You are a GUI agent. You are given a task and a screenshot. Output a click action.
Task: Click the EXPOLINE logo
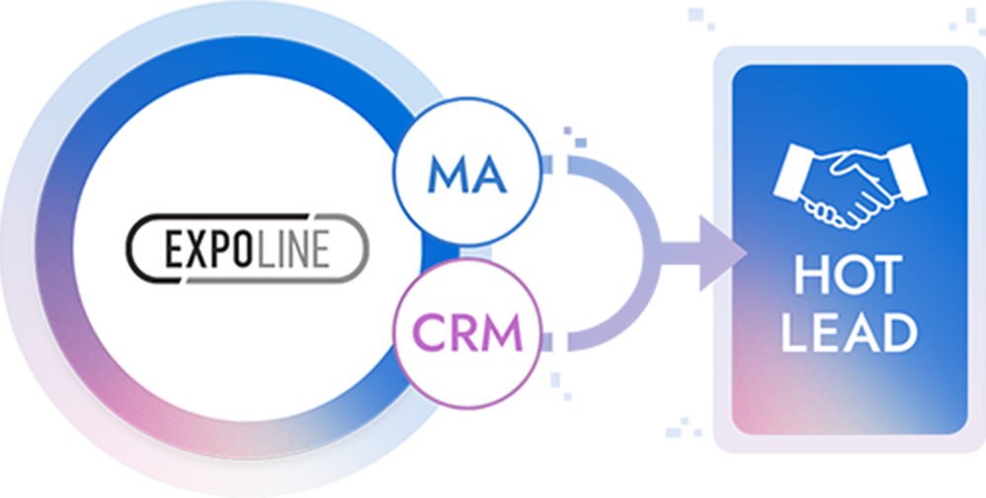(247, 247)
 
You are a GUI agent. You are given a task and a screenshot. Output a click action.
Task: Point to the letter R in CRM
(463, 333)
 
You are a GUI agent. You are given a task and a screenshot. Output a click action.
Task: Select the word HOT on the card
(849, 276)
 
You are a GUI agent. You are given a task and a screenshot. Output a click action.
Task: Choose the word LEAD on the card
(849, 332)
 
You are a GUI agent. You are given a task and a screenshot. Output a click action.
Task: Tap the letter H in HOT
(811, 276)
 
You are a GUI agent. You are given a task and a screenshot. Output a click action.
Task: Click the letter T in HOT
(886, 276)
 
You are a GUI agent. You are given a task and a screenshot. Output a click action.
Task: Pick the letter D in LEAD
(899, 332)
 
